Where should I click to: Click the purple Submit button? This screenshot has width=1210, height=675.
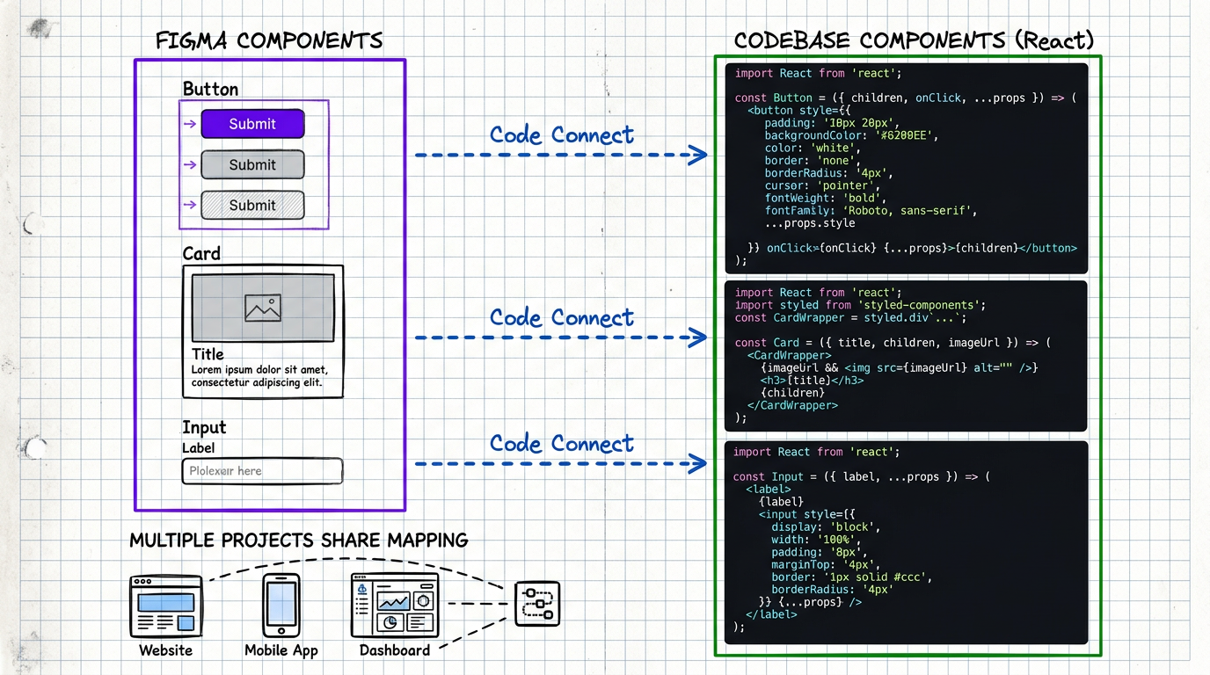click(x=252, y=124)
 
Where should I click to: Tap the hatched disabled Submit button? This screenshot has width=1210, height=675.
click(x=252, y=205)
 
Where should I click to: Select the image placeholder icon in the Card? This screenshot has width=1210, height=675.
click(x=263, y=308)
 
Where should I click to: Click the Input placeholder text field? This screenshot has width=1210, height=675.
click(x=262, y=471)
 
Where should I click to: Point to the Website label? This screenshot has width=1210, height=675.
click(x=165, y=650)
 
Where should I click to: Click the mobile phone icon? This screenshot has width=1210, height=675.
click(x=281, y=605)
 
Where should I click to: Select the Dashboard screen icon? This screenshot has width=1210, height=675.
click(x=394, y=606)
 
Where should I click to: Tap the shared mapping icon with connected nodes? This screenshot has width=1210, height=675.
click(x=536, y=604)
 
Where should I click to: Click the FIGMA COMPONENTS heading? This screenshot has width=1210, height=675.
click(x=269, y=41)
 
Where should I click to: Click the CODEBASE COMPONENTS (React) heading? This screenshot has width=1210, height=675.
click(x=914, y=40)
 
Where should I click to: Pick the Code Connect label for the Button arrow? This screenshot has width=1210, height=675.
click(x=561, y=135)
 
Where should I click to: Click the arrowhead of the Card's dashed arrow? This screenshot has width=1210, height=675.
click(x=698, y=337)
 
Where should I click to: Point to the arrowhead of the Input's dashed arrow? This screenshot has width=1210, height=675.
click(x=698, y=463)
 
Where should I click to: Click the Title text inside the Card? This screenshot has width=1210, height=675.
click(x=208, y=354)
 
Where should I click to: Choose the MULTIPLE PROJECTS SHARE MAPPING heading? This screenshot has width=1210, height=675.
click(x=298, y=541)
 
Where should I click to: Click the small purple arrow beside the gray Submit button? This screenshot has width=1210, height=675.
click(x=189, y=164)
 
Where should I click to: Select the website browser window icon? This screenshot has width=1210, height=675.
click(x=165, y=606)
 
